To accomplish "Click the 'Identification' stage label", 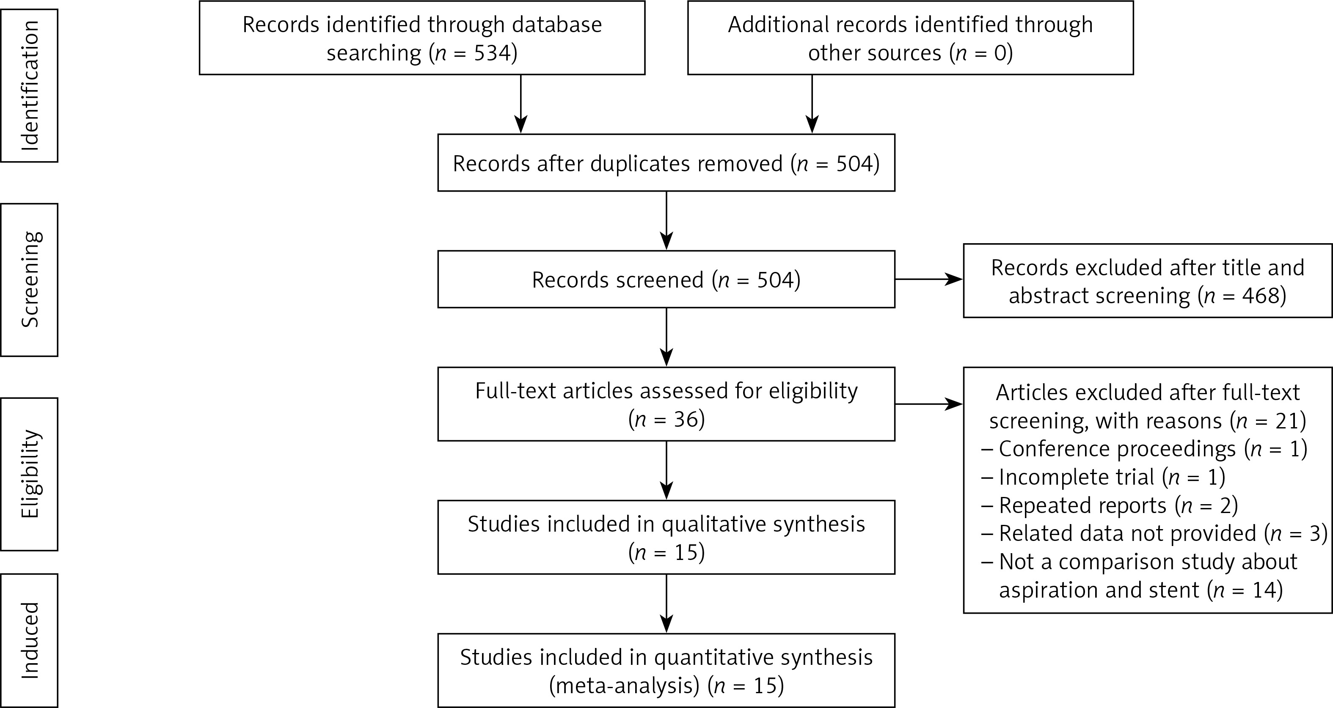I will click(30, 85).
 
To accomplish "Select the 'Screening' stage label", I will click(30, 279).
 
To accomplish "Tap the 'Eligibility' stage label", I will click(30, 474).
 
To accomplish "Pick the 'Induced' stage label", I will click(30, 640).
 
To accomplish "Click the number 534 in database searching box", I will click(492, 53).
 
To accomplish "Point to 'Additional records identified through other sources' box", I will click(910, 38).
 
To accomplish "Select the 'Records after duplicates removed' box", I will click(666, 163).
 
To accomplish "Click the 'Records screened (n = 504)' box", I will click(666, 279).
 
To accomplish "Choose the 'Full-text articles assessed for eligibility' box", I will click(666, 404).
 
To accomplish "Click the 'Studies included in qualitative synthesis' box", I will click(666, 537).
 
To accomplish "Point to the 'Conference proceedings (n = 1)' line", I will click(1143, 449).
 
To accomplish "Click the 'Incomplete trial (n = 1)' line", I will click(1103, 477).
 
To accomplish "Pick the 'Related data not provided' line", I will click(1154, 533).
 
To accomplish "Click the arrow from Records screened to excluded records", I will click(928, 279).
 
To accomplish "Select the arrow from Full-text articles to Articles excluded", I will click(928, 404).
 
